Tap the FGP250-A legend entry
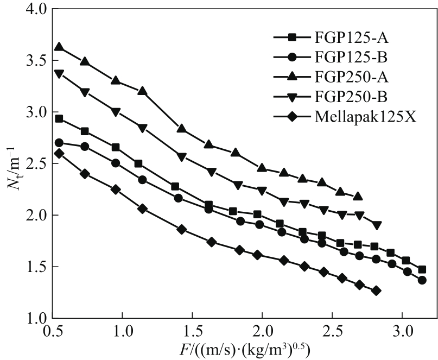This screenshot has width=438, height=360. pos(347,77)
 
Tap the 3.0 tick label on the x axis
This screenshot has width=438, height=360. pos(403,330)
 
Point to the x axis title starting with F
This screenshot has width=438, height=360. pos(244,348)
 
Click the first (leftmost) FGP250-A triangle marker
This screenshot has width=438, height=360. pos(59,47)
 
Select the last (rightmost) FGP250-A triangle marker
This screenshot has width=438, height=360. pos(358,196)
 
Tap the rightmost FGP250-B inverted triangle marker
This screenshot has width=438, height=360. pos(377,225)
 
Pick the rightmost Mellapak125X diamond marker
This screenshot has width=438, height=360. pos(376,290)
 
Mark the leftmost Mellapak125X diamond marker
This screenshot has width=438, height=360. pos(59,153)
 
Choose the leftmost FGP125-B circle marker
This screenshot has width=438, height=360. pos(59,143)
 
